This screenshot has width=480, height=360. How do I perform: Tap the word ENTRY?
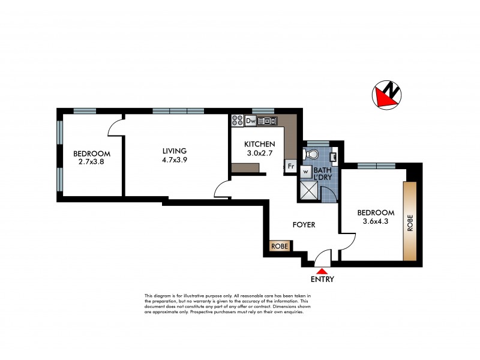pos(322,280)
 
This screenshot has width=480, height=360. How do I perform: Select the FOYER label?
pos(304,225)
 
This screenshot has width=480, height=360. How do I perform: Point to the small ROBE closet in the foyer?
pos(280,246)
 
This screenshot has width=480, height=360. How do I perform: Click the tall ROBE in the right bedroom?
pos(410,220)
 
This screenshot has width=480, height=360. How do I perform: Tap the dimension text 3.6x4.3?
pos(376,221)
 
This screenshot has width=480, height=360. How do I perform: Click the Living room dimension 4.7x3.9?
pos(174,159)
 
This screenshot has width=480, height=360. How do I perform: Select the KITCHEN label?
pos(259,145)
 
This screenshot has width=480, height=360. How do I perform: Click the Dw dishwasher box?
pos(251,121)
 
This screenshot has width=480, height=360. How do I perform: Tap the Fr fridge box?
pos(290,166)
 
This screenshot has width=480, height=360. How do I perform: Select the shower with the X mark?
pos(310,191)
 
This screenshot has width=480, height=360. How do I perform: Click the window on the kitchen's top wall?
pos(263,110)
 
